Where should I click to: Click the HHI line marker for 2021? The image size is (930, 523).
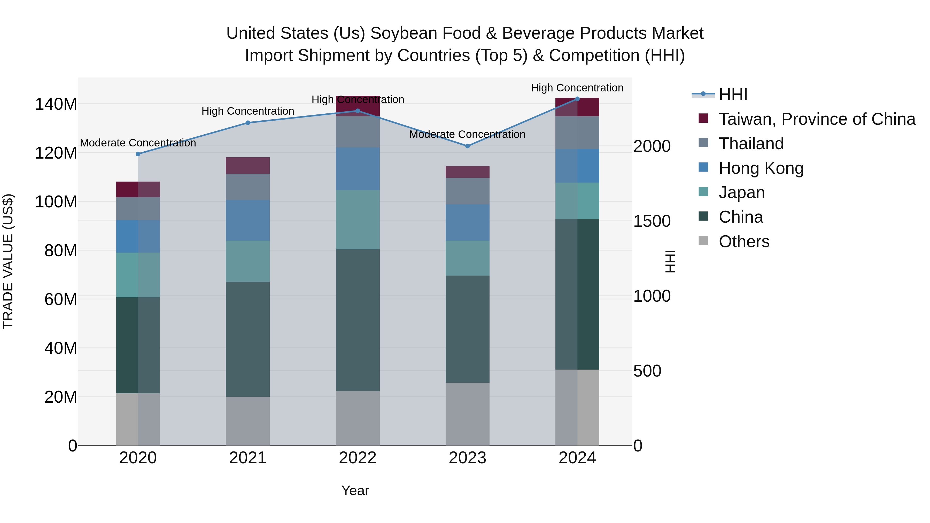[x=248, y=123]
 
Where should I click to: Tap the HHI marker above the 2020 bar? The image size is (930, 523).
[x=138, y=154]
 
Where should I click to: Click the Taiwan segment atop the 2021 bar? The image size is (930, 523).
[x=248, y=166]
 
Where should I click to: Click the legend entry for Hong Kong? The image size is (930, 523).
[x=761, y=168]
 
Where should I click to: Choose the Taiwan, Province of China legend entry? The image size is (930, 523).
[x=817, y=119]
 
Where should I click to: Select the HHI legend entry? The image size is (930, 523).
[x=733, y=95]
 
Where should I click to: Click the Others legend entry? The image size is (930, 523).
[x=744, y=241]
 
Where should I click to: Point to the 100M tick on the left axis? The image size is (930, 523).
[x=56, y=202]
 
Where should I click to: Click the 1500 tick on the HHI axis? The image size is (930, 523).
[x=652, y=221]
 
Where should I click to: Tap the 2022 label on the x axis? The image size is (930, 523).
[x=358, y=458]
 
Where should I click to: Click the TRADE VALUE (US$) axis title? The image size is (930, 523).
[x=8, y=261]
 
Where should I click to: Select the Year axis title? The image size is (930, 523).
[x=355, y=490]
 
